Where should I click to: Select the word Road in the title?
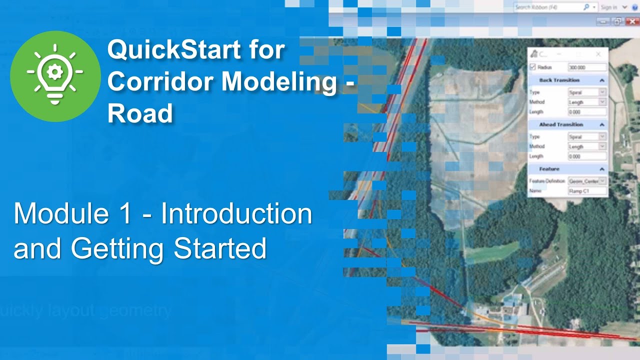tap(140, 114)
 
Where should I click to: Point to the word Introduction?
tap(236, 214)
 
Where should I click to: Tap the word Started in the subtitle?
tap(219, 248)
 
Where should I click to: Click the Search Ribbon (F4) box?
tap(547, 7)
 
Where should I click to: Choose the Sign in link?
tap(608, 7)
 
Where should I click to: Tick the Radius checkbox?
tap(532, 67)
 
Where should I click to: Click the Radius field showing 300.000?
tap(587, 67)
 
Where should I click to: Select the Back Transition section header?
tap(559, 80)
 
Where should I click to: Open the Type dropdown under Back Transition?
tap(587, 92)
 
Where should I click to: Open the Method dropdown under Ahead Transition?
tap(587, 146)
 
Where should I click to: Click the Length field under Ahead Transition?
tap(587, 156)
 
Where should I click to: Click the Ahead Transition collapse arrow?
tap(602, 124)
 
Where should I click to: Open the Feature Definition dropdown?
tap(587, 181)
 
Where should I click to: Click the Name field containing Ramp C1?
tap(587, 191)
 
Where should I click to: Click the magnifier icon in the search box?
tap(586, 7)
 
